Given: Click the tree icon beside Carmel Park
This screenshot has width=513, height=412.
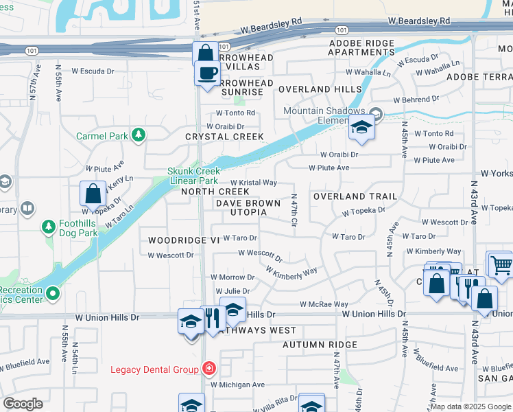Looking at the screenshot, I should [139, 135].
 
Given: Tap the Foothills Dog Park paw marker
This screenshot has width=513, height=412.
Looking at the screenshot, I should [49, 226].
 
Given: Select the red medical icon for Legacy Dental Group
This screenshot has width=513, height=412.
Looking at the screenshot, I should [208, 369].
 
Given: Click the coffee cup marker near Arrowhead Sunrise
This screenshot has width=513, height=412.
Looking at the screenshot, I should [207, 72].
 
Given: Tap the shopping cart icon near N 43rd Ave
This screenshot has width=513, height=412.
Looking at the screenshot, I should [501, 264].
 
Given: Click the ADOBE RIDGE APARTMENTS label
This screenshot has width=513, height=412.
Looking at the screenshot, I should [361, 47].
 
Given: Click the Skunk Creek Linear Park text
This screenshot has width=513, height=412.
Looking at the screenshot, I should [194, 176].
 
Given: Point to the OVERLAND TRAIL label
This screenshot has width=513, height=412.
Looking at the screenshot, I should [355, 196].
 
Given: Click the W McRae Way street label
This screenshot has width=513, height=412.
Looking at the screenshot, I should [324, 304].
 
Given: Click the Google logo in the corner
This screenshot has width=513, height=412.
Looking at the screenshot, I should [23, 404].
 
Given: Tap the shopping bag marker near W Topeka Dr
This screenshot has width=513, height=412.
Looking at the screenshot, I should [93, 194].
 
